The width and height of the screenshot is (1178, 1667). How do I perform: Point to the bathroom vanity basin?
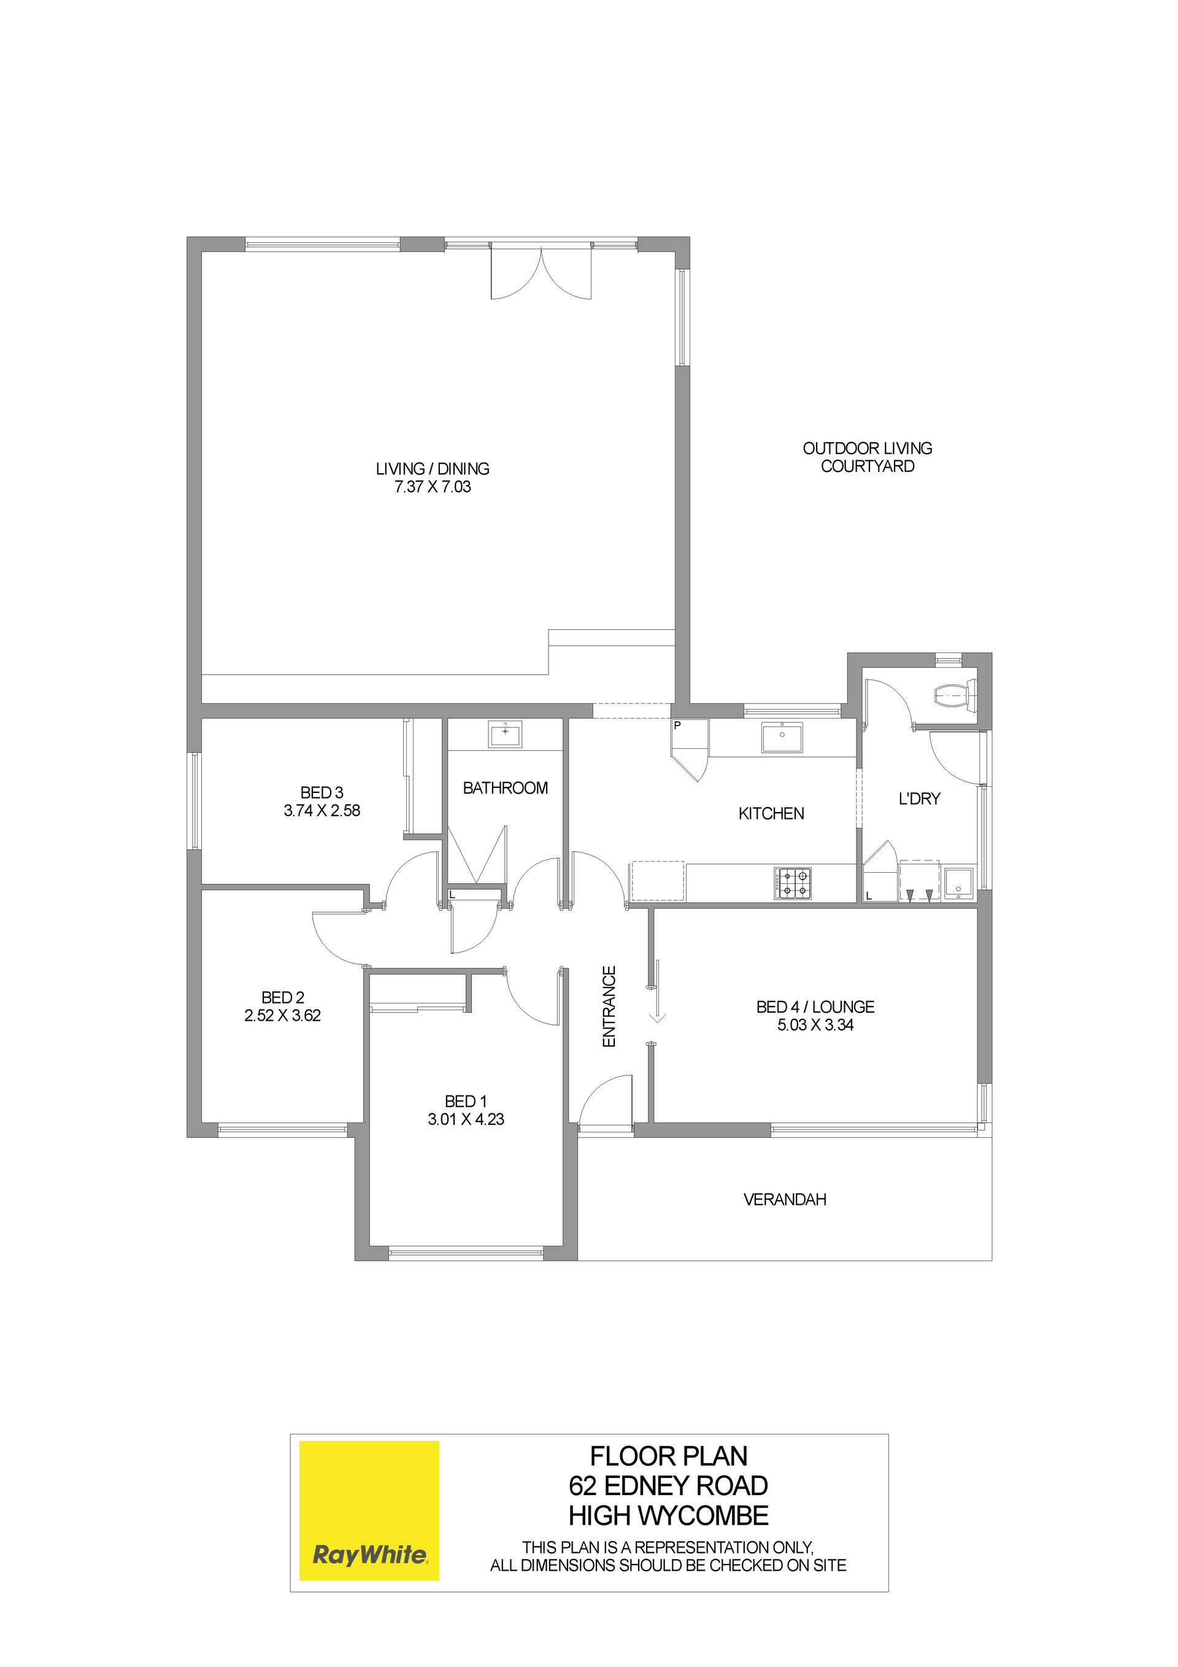point(505,734)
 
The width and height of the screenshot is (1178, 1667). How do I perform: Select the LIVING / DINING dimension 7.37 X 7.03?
point(433,487)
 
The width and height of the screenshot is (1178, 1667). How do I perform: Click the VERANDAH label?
point(785,1199)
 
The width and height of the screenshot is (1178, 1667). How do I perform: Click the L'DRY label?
point(920,799)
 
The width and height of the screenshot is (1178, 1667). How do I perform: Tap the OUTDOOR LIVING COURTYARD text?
point(868,457)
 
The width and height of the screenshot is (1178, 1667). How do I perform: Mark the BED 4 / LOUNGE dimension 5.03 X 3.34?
point(815,1025)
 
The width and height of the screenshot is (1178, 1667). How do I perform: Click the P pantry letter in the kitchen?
point(677,725)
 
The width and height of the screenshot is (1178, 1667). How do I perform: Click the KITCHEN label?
point(772,814)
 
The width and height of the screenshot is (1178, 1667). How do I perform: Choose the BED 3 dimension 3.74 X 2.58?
point(322,810)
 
